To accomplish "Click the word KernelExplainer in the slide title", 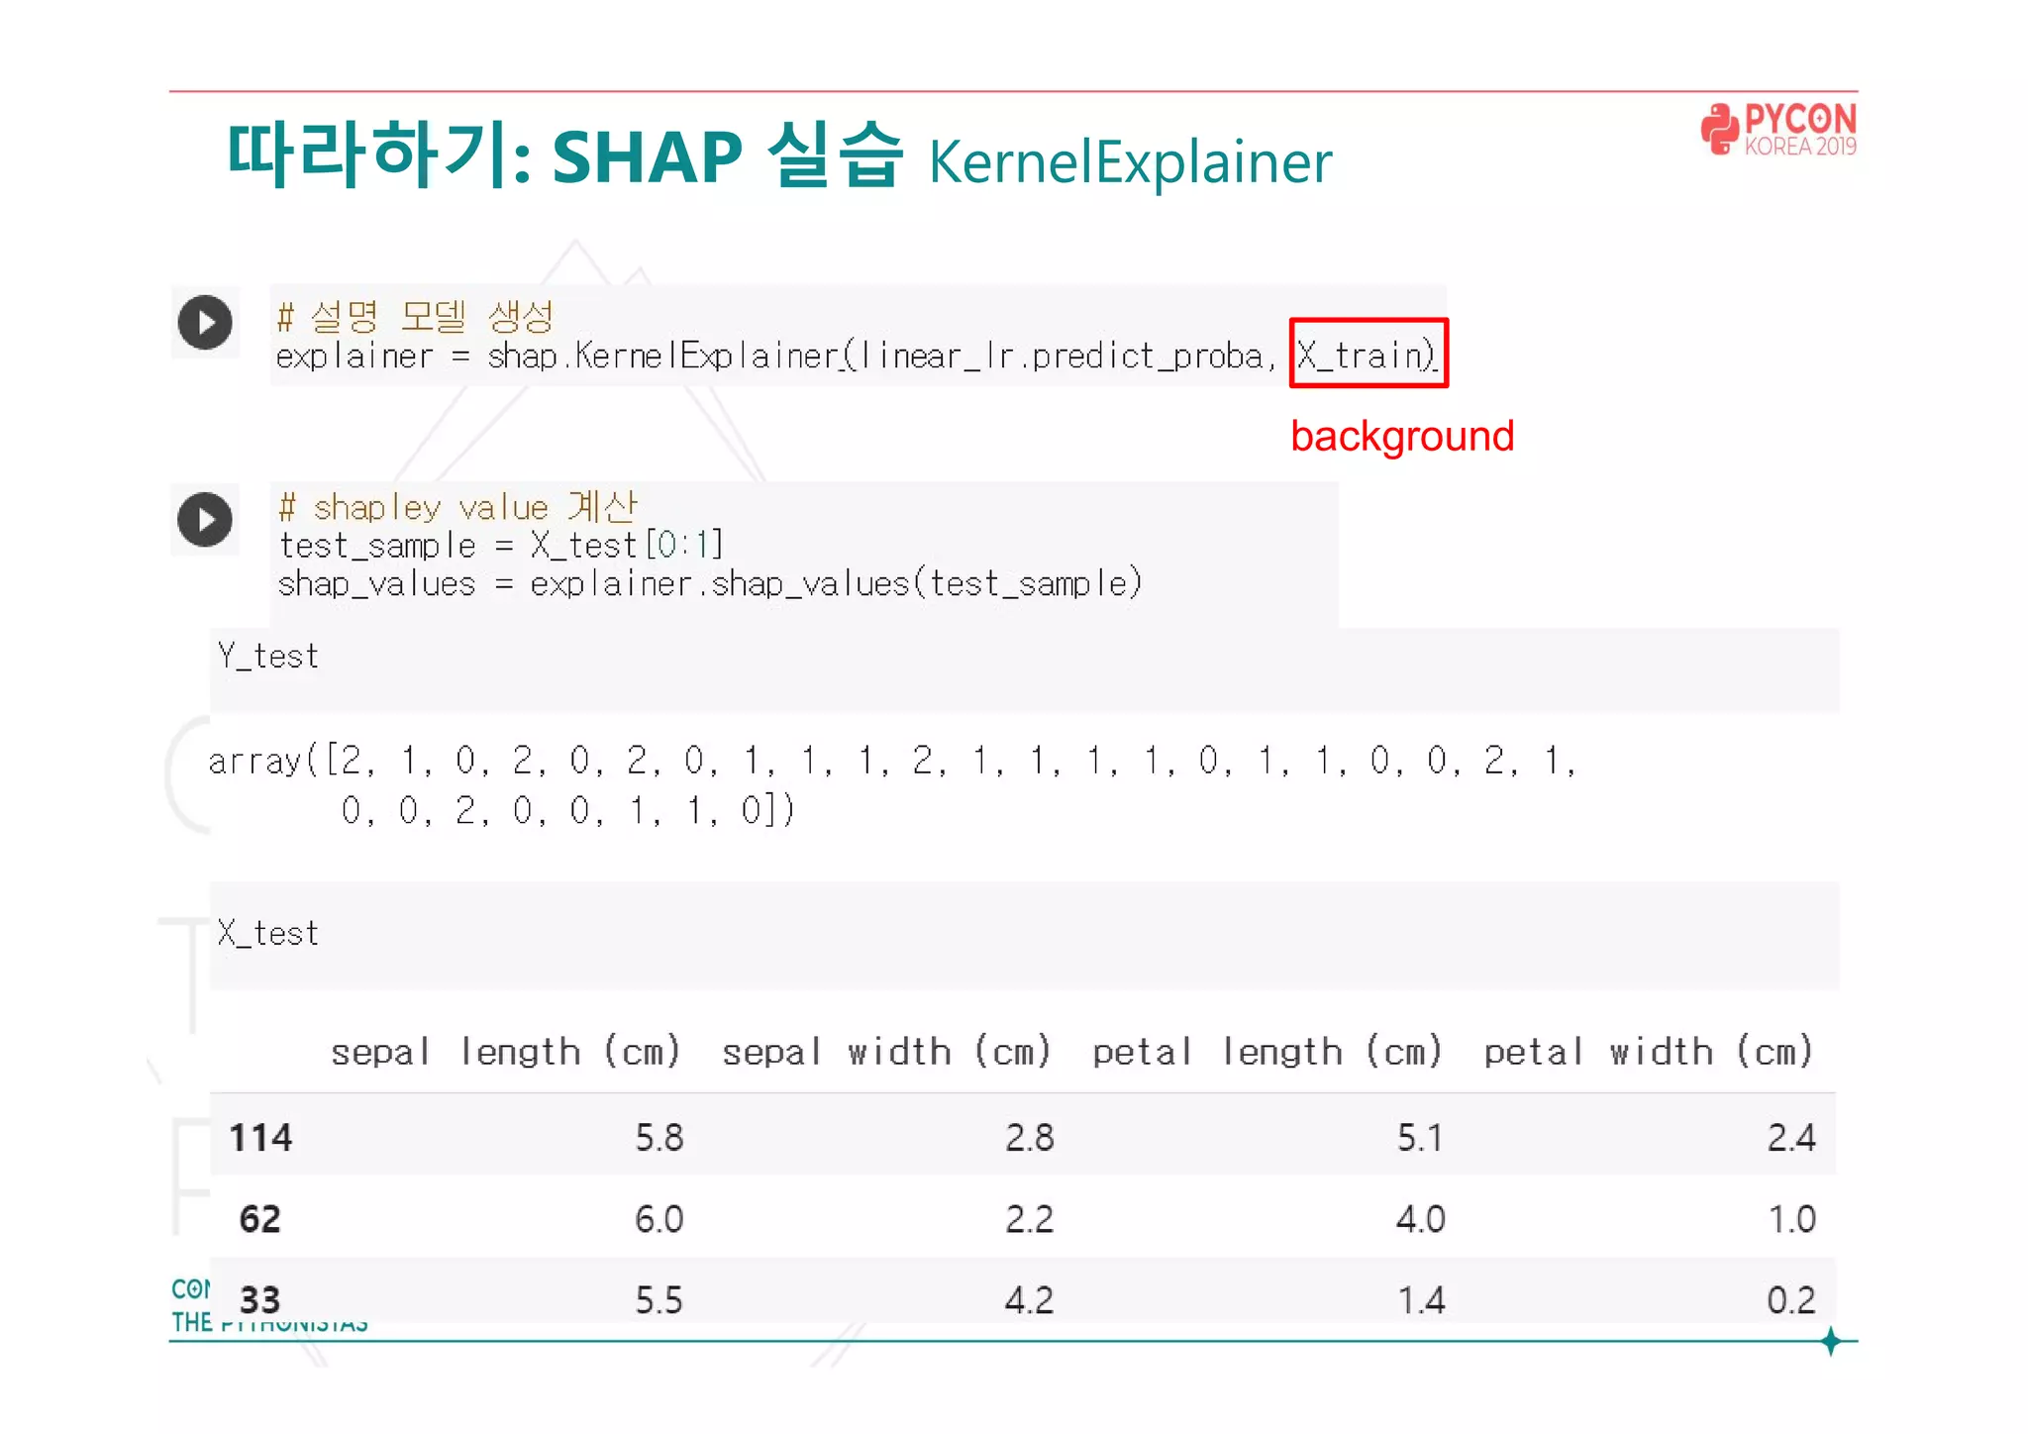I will coord(1130,162).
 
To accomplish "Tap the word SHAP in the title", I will coord(647,156).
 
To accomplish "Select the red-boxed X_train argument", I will coord(1368,354).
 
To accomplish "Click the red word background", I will coord(1402,437).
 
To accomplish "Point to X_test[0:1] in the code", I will coord(627,546).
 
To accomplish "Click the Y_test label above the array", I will coord(268,657).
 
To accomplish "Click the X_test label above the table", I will coord(268,934).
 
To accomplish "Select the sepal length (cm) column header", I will coord(506,1052).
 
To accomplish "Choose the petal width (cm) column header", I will coord(1648,1052).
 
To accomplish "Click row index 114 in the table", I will coord(260,1138).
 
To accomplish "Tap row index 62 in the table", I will coord(260,1219).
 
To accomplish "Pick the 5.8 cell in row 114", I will coord(659,1138).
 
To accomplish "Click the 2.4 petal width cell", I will coord(1791,1138).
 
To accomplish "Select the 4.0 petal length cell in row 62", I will coord(1421,1219).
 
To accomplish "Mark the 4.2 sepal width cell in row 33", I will coord(1030,1300).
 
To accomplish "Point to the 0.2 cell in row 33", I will coord(1791,1300).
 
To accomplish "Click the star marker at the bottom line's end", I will coord(1831,1342).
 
